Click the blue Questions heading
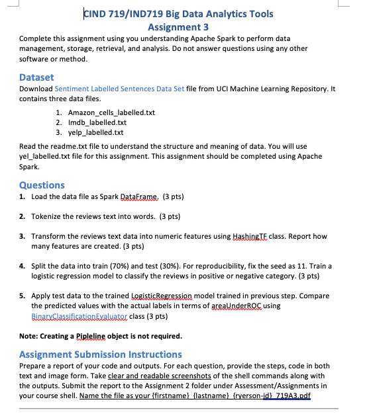point(42,185)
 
